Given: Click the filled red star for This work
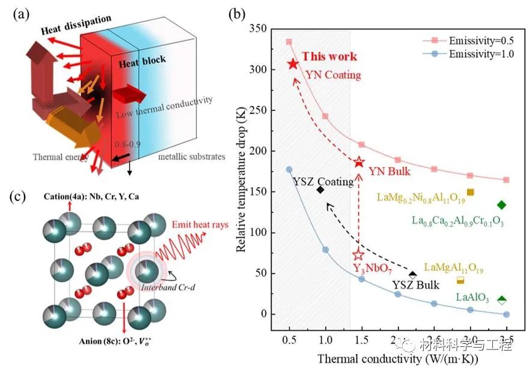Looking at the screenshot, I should (x=293, y=64).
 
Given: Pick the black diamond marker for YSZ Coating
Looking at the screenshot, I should (x=320, y=190).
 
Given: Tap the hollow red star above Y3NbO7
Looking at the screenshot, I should (x=358, y=255).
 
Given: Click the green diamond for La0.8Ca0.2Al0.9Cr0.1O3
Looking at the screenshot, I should (x=501, y=205).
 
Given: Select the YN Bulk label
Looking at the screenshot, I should (x=391, y=172).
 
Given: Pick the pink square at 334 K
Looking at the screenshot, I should (x=289, y=42).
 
